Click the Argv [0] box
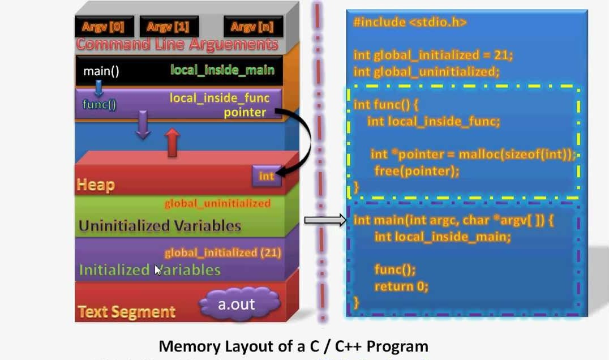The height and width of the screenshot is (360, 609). click(100, 27)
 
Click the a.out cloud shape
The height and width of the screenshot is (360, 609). click(237, 304)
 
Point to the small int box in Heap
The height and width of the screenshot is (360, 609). click(266, 176)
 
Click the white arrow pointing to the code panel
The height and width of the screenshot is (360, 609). click(325, 220)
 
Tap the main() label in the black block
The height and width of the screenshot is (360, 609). click(101, 72)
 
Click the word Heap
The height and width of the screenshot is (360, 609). click(96, 185)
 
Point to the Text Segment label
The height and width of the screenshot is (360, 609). click(127, 312)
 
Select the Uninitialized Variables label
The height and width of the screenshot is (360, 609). click(160, 226)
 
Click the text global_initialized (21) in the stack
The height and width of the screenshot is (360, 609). click(222, 253)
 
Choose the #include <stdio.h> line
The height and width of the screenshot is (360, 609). click(410, 23)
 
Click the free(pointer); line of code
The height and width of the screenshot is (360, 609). click(417, 170)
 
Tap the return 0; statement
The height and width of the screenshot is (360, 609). click(401, 286)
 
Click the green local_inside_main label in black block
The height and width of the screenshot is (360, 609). click(222, 70)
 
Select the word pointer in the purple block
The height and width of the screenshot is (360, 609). click(245, 112)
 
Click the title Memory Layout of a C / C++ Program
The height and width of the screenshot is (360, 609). click(293, 346)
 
